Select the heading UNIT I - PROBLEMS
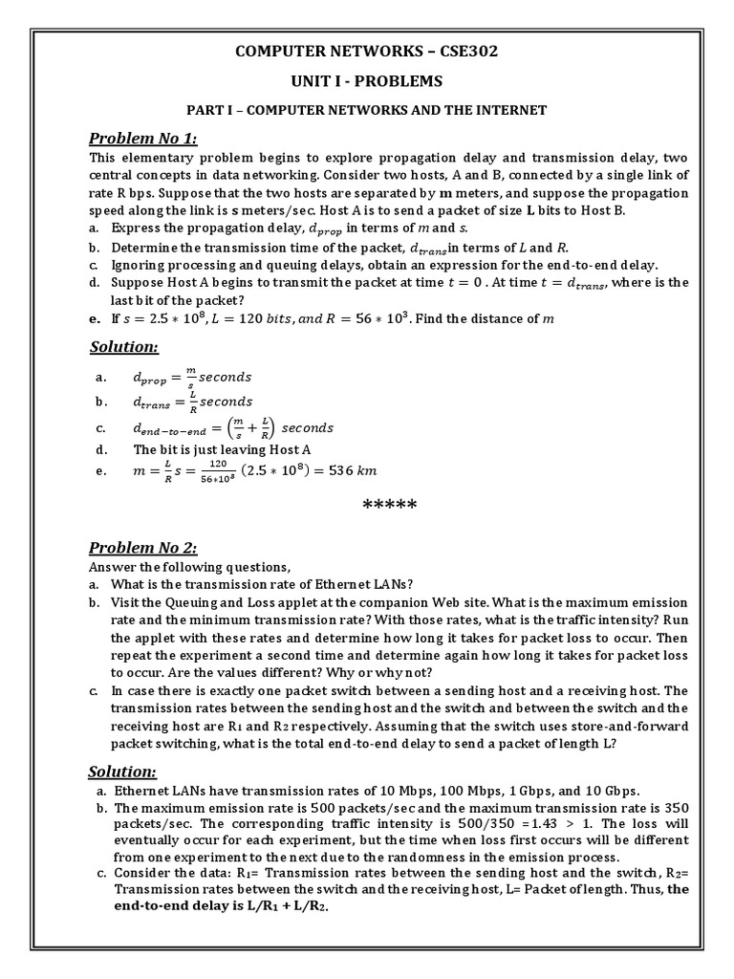pyautogui.click(x=367, y=80)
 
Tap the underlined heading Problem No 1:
pyautogui.click(x=142, y=139)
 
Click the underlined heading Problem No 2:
pyautogui.click(x=142, y=547)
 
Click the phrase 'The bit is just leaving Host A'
pyautogui.click(x=221, y=448)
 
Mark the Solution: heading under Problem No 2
pyautogui.click(x=122, y=772)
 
